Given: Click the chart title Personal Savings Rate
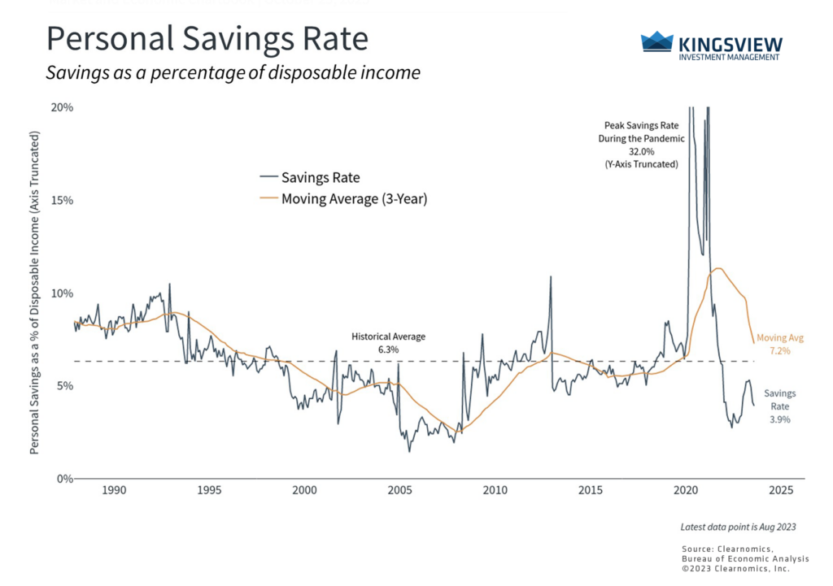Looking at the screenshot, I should pyautogui.click(x=207, y=40).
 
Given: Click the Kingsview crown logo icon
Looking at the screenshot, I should pyautogui.click(x=657, y=42).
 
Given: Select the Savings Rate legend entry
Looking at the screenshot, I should pyautogui.click(x=320, y=177).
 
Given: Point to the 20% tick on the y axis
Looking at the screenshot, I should pyautogui.click(x=63, y=107).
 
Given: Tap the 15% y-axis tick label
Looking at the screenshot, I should pyautogui.click(x=63, y=200).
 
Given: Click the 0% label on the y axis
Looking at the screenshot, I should pyautogui.click(x=65, y=479).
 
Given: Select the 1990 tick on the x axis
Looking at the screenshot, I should pyautogui.click(x=114, y=491).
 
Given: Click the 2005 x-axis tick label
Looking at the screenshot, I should pyautogui.click(x=399, y=491).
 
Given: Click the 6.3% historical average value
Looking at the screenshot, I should pyautogui.click(x=388, y=349).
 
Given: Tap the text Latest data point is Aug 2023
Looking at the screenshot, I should pyautogui.click(x=738, y=527).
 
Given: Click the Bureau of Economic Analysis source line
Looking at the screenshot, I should pyautogui.click(x=738, y=559).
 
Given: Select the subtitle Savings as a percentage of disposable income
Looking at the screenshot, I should pyautogui.click(x=233, y=73).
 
